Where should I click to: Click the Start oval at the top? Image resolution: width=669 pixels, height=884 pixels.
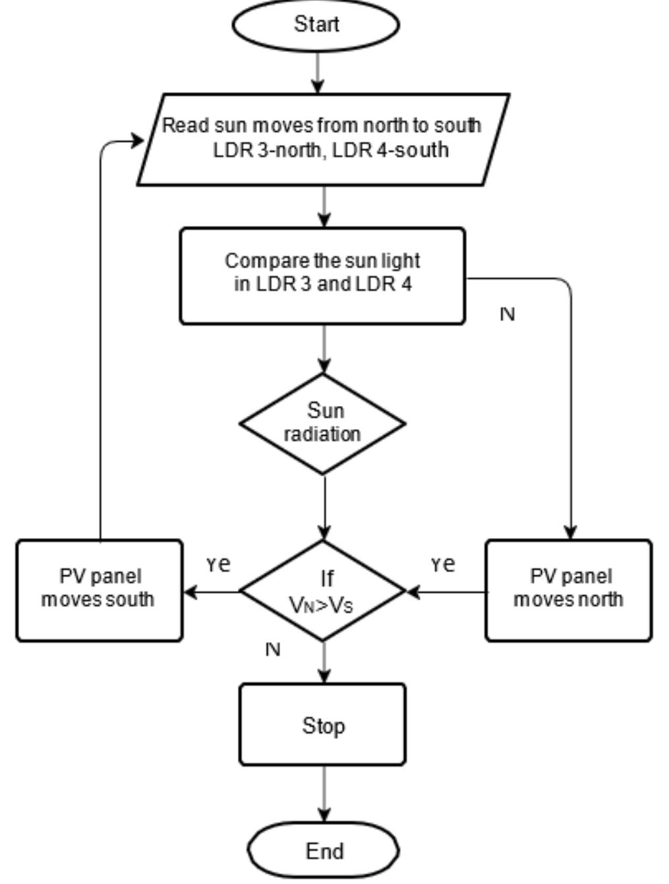click(316, 24)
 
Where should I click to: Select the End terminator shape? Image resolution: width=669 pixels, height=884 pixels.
click(324, 850)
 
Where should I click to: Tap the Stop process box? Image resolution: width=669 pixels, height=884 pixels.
click(322, 725)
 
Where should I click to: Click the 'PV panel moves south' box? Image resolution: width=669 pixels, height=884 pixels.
click(99, 589)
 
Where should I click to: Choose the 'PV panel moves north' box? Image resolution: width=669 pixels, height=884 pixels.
click(569, 589)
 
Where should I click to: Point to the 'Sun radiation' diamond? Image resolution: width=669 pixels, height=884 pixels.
click(322, 423)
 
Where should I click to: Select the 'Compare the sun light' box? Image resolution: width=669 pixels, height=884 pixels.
click(322, 276)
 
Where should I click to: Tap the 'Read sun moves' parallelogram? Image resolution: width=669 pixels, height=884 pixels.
click(322, 138)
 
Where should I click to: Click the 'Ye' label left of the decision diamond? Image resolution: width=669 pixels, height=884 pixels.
click(218, 564)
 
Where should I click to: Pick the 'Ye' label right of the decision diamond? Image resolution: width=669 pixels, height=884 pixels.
click(443, 564)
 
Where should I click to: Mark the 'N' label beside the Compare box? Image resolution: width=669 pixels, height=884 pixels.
click(507, 314)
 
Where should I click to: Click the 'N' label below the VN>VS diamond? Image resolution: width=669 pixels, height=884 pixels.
click(272, 649)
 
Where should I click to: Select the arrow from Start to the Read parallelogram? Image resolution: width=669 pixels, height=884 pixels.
click(318, 71)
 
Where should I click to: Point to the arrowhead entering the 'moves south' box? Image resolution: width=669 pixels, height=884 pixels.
click(190, 591)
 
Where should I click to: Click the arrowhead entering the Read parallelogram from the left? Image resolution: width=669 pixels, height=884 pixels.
click(136, 140)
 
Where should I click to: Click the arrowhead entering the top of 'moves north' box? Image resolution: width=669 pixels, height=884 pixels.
click(571, 532)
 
